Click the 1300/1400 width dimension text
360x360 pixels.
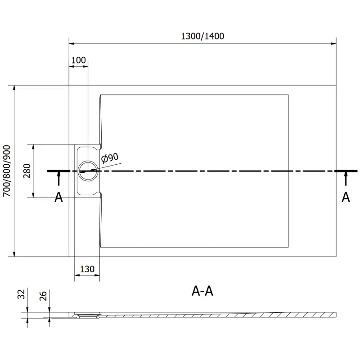click(x=202, y=36)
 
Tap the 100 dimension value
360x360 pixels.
click(x=78, y=60)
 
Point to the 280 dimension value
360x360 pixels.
click(x=27, y=171)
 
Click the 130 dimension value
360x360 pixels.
click(x=87, y=269)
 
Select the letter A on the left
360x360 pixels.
click(x=58, y=197)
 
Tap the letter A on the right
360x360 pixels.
click(x=346, y=197)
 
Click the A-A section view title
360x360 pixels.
click(x=202, y=292)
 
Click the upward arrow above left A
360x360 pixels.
click(x=58, y=179)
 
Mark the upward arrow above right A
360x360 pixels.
click(x=346, y=179)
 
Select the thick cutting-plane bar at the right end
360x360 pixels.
click(x=346, y=171)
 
